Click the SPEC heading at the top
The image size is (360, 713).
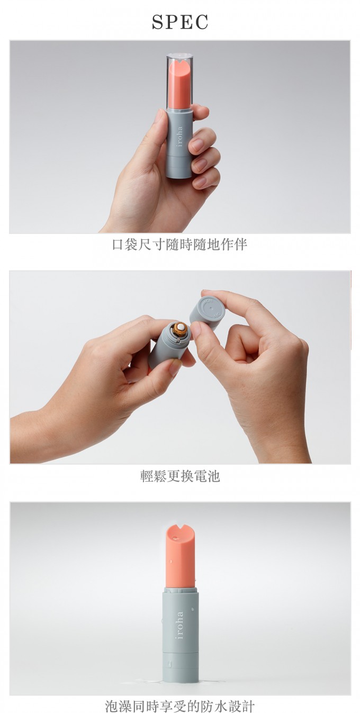pos(180,22)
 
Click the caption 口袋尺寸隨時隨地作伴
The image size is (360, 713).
pos(180,245)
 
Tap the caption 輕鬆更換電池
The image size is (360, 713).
pos(180,476)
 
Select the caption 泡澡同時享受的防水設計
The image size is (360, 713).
pos(180,706)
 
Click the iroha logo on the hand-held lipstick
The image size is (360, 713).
pos(180,137)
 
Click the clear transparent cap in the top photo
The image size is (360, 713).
pos(180,81)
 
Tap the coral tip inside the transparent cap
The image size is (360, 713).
pos(180,84)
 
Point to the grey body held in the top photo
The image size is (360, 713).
pos(179,143)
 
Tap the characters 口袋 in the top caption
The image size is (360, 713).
pos(125,245)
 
